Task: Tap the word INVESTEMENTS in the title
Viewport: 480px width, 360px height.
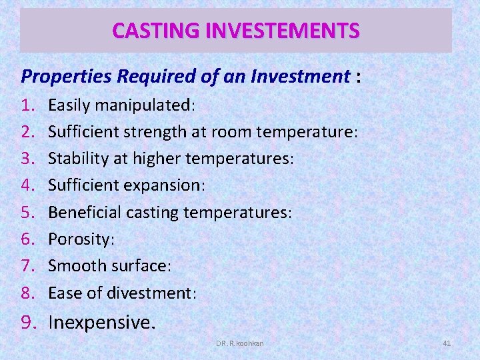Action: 279,31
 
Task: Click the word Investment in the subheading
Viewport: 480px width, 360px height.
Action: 299,77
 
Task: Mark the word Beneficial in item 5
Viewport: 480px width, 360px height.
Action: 83,212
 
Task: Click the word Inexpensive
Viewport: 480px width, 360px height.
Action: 101,322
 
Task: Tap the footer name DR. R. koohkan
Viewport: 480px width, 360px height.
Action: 239,343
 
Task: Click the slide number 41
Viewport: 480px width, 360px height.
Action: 447,343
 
